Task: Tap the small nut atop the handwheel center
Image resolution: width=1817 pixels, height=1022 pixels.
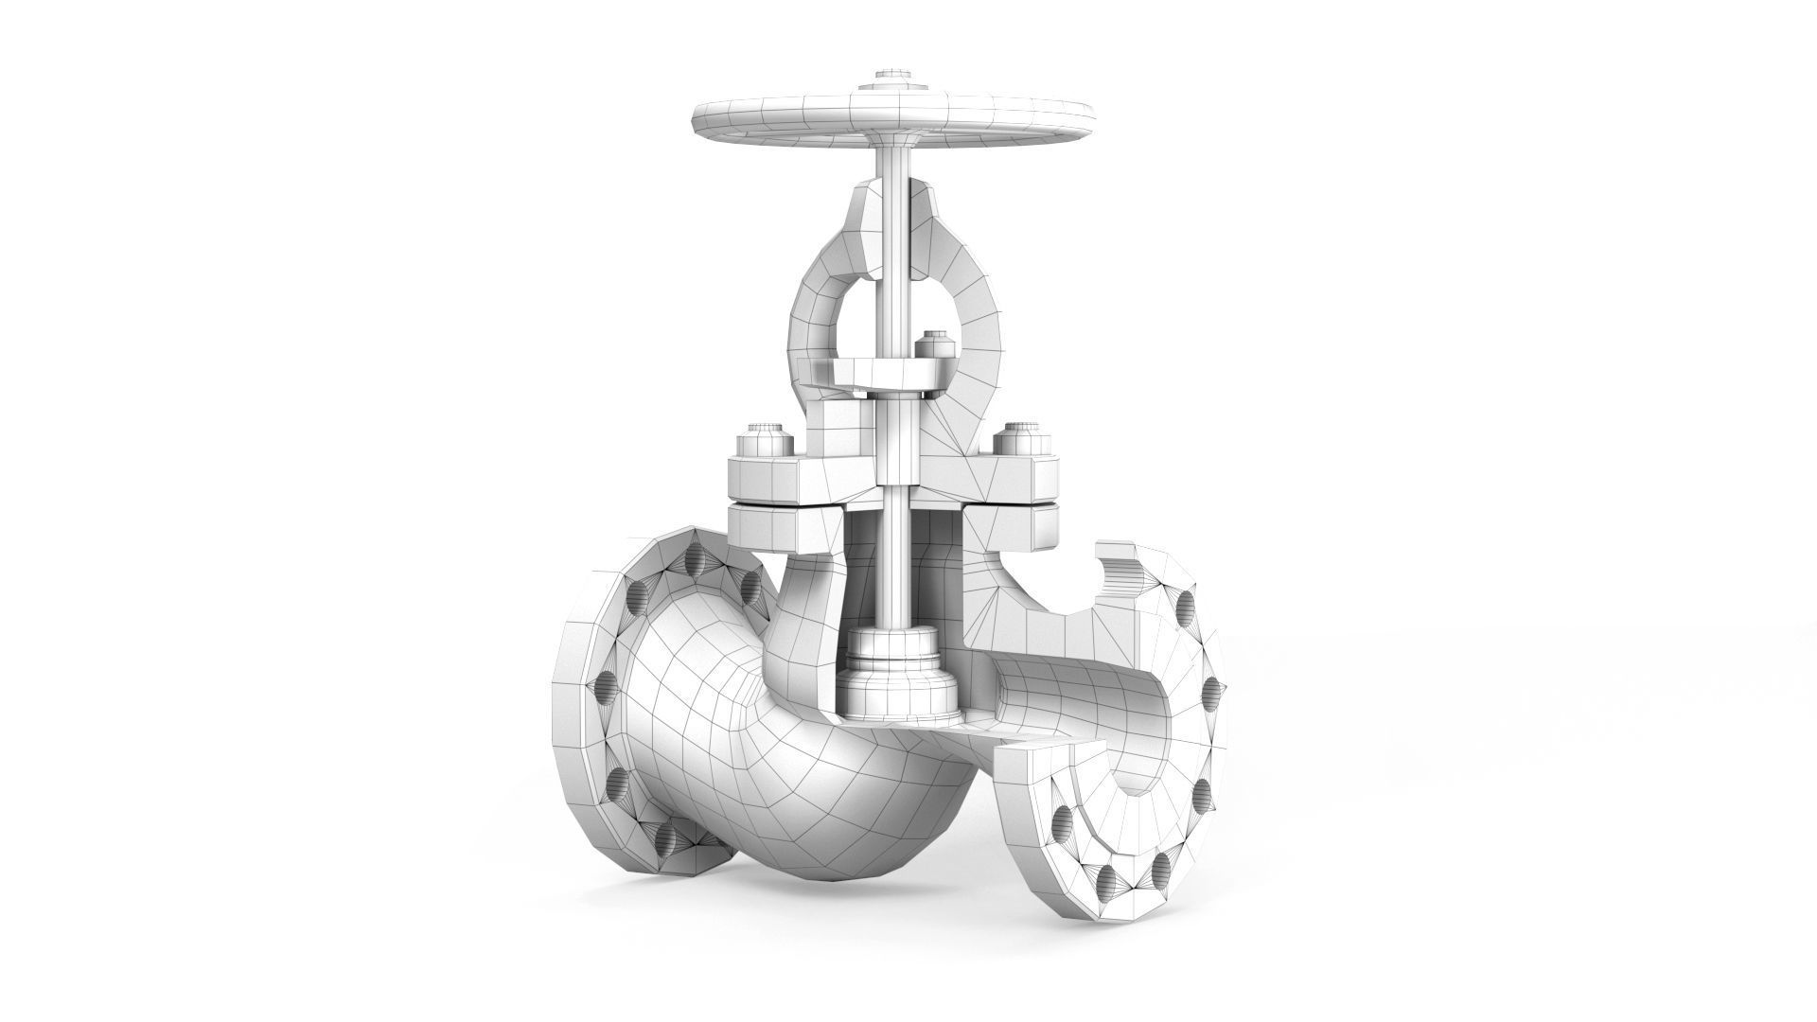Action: tap(891, 74)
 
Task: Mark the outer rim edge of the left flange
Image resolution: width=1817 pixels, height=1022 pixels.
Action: tap(568, 681)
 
